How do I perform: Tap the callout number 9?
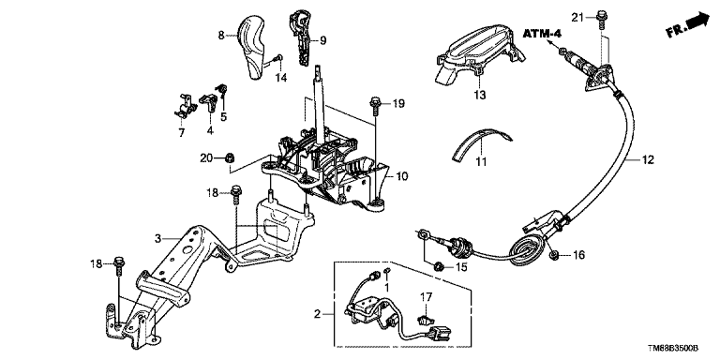(x=322, y=41)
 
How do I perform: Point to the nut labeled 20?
(x=230, y=158)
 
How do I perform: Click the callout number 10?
(x=401, y=175)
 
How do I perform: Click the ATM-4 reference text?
(x=543, y=34)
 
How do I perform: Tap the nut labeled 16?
(x=553, y=255)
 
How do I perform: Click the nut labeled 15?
(x=439, y=265)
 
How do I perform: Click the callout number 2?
(x=317, y=315)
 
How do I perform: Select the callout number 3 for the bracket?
(x=158, y=238)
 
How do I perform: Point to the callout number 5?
(x=224, y=116)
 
